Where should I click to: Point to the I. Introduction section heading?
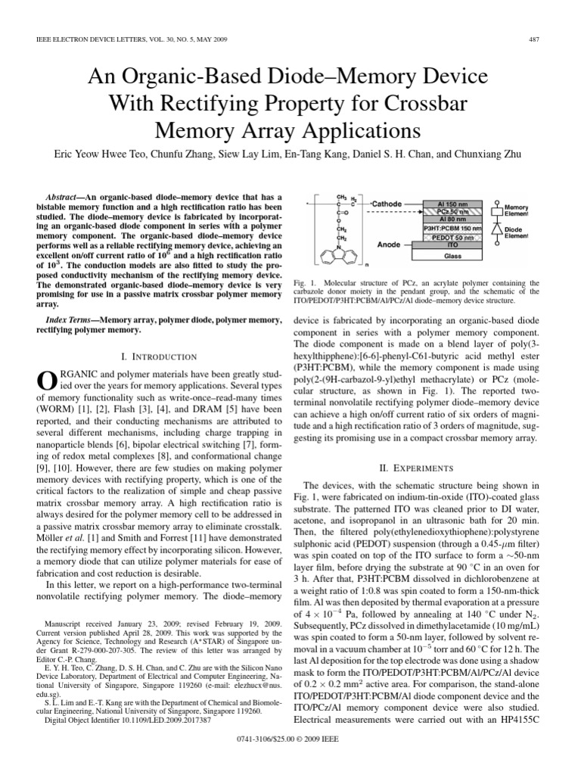pyautogui.click(x=154, y=356)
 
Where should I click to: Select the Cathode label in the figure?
pyautogui.click(x=387, y=204)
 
